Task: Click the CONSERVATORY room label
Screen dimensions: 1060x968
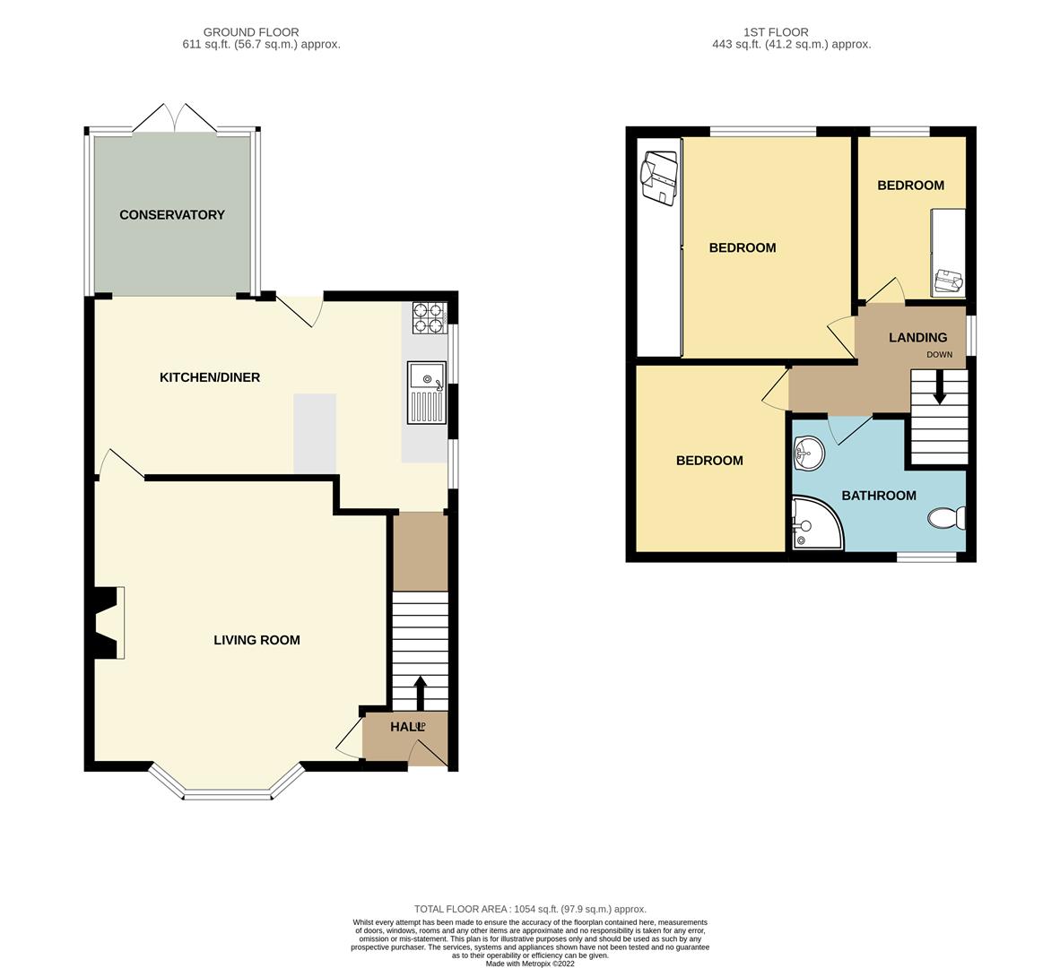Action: (x=171, y=215)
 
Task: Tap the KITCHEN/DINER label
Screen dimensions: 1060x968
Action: (x=210, y=377)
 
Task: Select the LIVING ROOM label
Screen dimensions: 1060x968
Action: (x=256, y=640)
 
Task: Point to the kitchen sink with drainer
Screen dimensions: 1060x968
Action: (x=426, y=393)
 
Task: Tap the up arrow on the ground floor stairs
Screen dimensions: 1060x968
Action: (x=420, y=693)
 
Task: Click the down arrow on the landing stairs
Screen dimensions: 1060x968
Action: (x=939, y=390)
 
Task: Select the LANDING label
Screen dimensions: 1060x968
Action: (x=917, y=338)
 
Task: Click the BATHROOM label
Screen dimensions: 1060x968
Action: (x=879, y=496)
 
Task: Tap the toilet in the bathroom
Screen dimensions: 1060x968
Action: (x=947, y=518)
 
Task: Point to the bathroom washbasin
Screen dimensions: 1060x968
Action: (x=809, y=454)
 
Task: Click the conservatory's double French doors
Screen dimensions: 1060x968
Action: (x=174, y=118)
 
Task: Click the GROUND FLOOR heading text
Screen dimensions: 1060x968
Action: (x=251, y=31)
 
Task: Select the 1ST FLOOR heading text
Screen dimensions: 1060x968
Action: (x=776, y=31)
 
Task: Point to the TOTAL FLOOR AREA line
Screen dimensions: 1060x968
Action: (x=530, y=909)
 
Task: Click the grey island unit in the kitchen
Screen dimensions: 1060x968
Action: (x=315, y=433)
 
